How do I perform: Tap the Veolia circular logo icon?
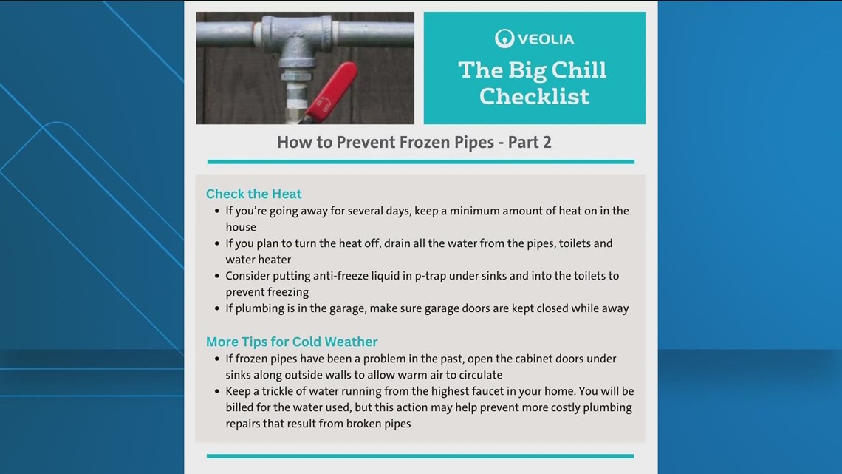click(x=504, y=38)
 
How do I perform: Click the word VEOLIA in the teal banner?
click(x=544, y=38)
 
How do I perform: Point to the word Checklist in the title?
click(x=534, y=96)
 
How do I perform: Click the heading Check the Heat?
click(x=253, y=194)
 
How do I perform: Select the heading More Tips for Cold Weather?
click(x=292, y=342)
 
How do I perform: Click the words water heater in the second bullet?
click(x=259, y=260)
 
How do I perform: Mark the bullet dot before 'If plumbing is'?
click(x=216, y=308)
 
